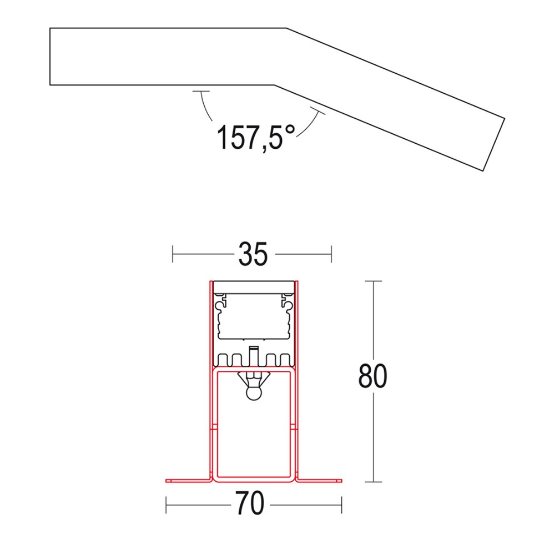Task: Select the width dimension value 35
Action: (253, 255)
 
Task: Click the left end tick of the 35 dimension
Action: (174, 255)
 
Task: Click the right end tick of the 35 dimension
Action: (331, 255)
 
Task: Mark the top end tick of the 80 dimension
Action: (373, 282)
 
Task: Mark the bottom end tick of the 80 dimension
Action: (373, 482)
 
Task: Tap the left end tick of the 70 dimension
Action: (167, 504)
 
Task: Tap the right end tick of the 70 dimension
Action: (341, 504)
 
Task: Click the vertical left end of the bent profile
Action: (50, 57)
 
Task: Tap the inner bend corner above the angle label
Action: (274, 85)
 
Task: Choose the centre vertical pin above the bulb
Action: (254, 355)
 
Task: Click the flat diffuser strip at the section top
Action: (254, 286)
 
